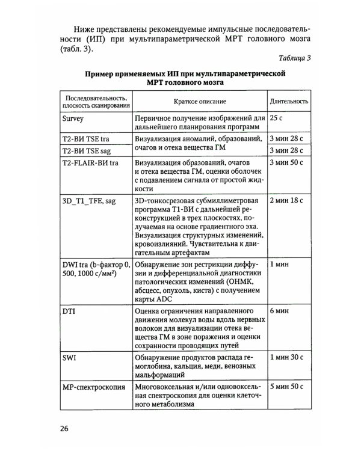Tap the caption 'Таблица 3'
[295, 58]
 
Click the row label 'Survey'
[73, 118]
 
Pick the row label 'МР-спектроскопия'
[93, 388]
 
